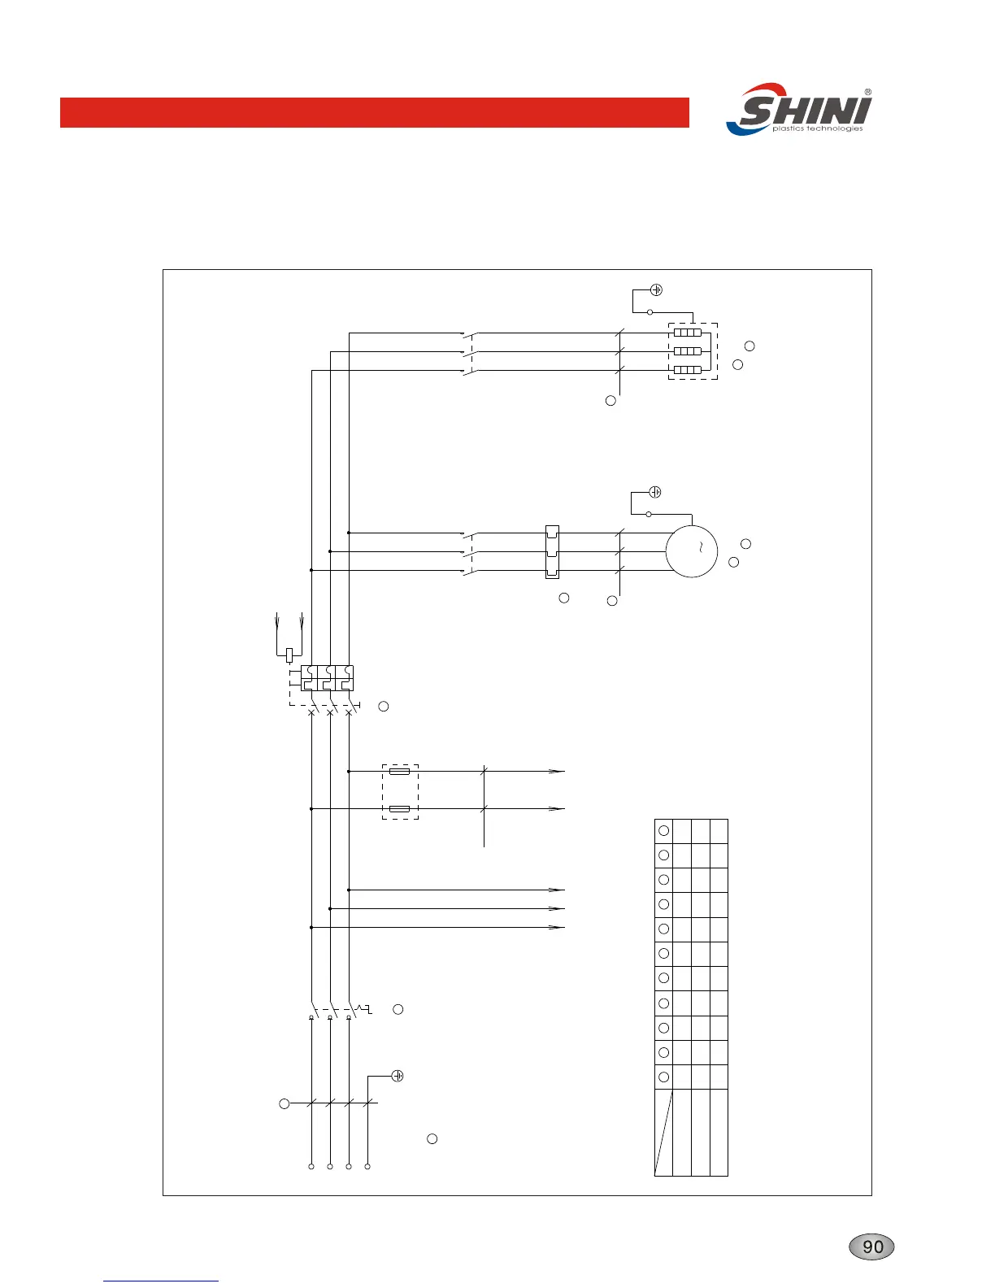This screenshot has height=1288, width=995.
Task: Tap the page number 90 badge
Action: tap(872, 1247)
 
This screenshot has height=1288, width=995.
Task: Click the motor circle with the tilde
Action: tap(692, 551)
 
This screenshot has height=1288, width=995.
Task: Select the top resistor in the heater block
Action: tap(688, 333)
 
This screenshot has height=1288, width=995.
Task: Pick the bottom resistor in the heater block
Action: tap(688, 370)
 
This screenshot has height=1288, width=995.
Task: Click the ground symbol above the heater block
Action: tap(657, 290)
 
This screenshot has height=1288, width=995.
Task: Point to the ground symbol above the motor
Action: tap(656, 492)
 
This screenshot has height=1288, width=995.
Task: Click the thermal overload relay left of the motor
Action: tap(552, 551)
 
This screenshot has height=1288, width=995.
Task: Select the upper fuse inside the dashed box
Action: tap(399, 771)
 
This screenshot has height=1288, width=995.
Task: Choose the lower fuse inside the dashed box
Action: tap(399, 809)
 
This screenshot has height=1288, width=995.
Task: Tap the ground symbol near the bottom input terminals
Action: tap(398, 1077)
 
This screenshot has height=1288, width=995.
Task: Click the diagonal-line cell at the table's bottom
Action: tap(664, 1132)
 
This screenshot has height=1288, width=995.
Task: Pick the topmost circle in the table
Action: tap(663, 831)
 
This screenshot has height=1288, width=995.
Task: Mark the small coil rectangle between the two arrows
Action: tap(289, 654)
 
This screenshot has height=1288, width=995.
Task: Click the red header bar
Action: tap(374, 113)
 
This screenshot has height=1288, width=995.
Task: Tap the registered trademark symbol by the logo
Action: tap(868, 93)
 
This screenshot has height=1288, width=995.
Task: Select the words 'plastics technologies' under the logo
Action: tap(817, 128)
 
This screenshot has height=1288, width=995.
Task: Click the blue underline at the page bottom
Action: tap(161, 1281)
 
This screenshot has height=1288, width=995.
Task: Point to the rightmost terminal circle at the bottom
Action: tap(367, 1167)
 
